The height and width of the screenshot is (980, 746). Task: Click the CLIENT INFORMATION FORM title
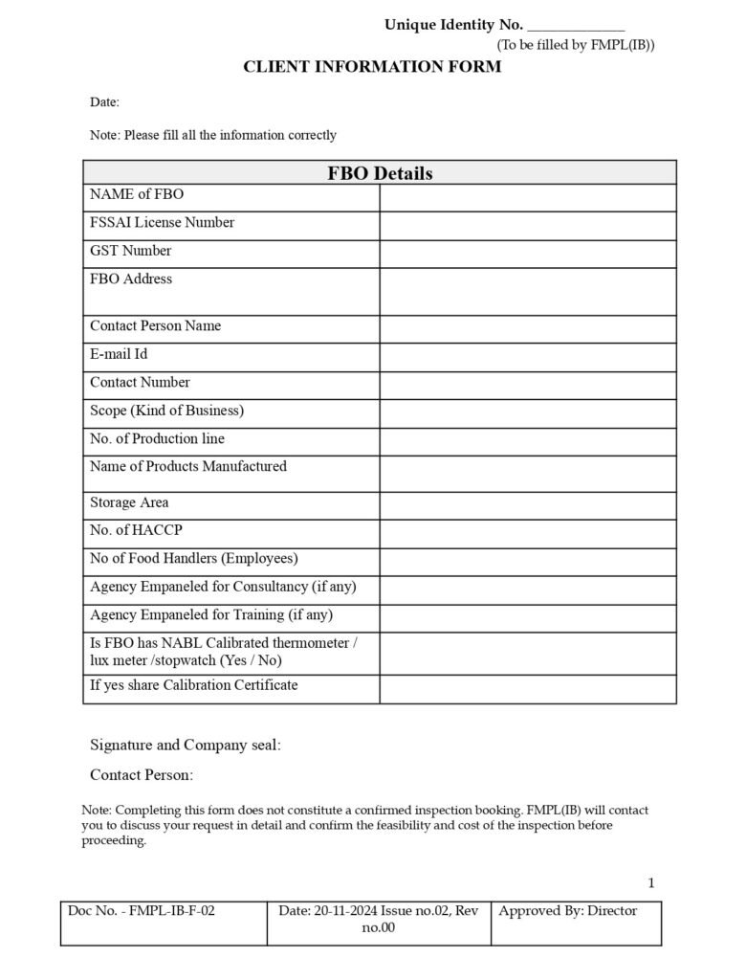pos(372,67)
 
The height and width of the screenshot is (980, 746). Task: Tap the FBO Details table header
pos(380,173)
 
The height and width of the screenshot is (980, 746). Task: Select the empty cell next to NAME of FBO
pos(527,197)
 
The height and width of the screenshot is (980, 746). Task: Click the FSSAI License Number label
pos(162,223)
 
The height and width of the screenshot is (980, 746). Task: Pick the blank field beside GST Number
pos(527,254)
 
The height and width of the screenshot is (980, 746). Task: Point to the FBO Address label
pos(131,279)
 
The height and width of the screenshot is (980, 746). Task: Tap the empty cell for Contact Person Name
pos(527,329)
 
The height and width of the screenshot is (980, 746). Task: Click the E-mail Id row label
pos(119,354)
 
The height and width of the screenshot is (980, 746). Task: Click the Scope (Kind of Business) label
pos(166,411)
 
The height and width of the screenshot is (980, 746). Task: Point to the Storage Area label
pos(129,502)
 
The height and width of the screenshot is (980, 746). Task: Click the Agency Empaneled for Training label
pos(211,614)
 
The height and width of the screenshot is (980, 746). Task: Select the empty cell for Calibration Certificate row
pos(527,689)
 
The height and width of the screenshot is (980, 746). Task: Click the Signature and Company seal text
pos(185,745)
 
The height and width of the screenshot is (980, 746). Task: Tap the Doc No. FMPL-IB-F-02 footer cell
pos(164,922)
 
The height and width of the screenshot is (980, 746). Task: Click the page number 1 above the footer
pos(651,882)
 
